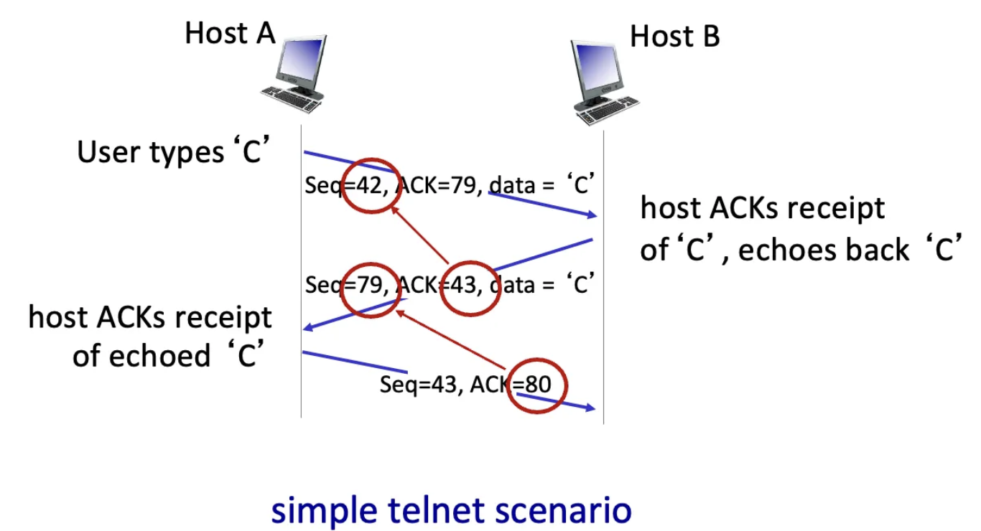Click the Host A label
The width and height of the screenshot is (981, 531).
coord(230,33)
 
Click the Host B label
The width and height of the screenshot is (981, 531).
coord(674,36)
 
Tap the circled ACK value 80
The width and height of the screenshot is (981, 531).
coord(538,385)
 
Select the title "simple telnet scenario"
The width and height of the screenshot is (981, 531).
coord(451,511)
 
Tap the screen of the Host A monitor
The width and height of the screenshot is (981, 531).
coord(302,61)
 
